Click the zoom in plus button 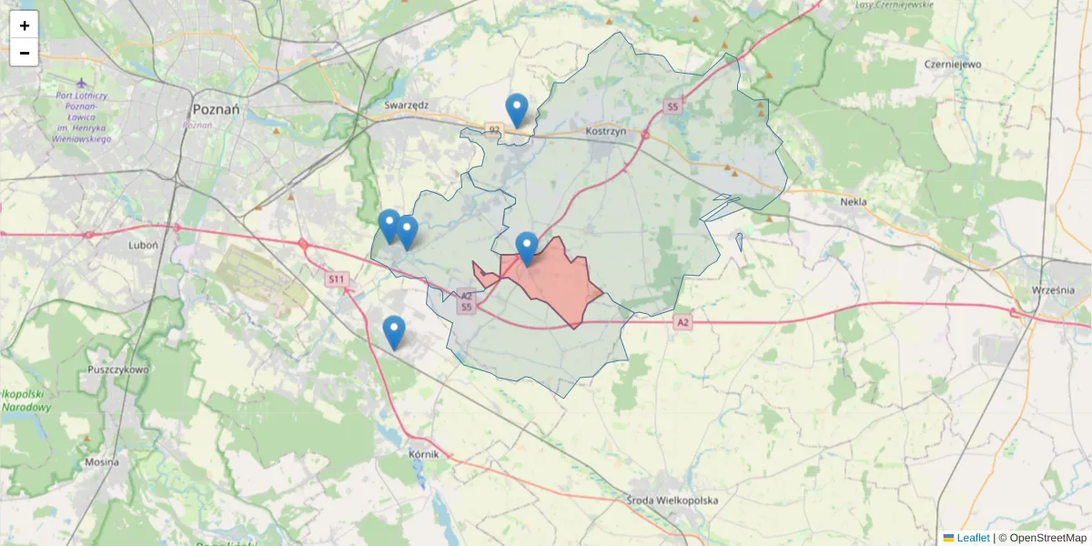25,25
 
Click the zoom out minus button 25,53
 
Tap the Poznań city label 216,108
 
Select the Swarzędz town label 406,105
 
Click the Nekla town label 854,202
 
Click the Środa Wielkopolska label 673,500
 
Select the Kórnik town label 423,453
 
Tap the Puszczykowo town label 118,370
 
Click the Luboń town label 144,245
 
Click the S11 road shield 337,278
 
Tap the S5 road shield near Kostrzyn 672,107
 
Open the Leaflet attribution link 973,538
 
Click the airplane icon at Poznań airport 81,84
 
